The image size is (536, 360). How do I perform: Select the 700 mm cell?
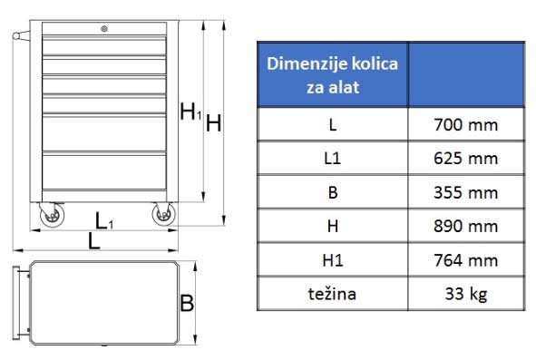click(466, 124)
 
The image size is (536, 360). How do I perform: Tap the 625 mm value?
click(466, 158)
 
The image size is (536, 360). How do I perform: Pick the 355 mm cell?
click(466, 192)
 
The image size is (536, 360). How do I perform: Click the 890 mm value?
click(466, 226)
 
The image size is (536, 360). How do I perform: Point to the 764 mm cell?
click(466, 260)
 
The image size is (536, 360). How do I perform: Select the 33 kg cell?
click(466, 294)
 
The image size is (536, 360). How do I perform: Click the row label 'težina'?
click(332, 294)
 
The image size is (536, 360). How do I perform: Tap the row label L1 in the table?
click(332, 158)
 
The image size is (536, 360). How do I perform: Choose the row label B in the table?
click(332, 192)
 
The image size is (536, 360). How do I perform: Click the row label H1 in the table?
click(332, 260)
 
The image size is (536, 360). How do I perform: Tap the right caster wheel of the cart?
click(163, 214)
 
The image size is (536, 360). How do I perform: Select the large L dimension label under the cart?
click(93, 241)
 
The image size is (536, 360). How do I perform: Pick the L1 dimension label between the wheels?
click(105, 219)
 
